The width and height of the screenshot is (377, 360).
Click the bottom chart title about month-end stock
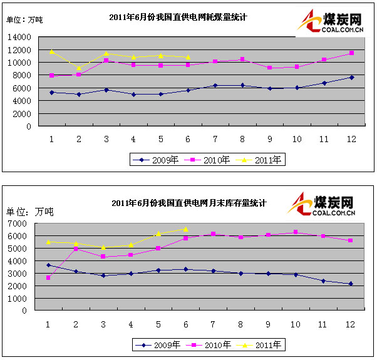(189, 203)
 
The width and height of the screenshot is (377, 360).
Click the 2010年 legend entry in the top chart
(212, 160)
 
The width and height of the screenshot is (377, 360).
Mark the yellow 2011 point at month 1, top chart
(52, 51)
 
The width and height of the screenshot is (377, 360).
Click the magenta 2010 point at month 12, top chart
(351, 53)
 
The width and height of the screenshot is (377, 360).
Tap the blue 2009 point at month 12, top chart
(351, 78)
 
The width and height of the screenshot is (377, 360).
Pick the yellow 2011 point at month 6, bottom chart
(185, 229)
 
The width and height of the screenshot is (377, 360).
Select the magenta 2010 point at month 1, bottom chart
(48, 277)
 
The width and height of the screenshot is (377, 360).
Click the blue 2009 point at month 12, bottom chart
(350, 284)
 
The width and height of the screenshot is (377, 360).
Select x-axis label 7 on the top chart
(215, 138)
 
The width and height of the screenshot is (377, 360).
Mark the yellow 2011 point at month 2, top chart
(79, 68)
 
